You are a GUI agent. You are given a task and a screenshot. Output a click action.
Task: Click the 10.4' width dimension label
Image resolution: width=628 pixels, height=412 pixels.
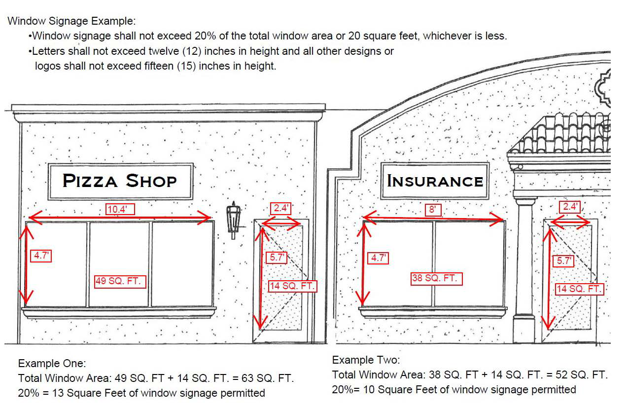(120, 209)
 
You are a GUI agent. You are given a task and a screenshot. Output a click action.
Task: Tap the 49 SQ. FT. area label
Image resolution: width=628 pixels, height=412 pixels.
(120, 282)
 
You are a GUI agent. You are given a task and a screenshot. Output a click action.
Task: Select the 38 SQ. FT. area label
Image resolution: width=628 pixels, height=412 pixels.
(437, 279)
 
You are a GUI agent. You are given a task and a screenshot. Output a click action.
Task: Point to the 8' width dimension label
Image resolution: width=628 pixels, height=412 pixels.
(433, 210)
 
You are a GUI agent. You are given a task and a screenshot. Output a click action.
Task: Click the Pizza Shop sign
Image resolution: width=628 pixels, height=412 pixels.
(121, 182)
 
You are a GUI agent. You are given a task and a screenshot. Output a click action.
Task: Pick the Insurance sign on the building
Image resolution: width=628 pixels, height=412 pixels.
(435, 181)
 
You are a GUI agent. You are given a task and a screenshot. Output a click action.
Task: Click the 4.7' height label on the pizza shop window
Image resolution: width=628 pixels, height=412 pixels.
(41, 256)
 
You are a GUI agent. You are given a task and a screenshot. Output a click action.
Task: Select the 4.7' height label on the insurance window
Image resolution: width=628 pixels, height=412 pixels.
(378, 258)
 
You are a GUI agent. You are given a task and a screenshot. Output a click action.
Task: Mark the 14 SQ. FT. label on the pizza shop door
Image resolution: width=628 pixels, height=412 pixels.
(292, 286)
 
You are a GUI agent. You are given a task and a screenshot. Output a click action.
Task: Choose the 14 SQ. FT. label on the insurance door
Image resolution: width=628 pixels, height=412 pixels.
(580, 289)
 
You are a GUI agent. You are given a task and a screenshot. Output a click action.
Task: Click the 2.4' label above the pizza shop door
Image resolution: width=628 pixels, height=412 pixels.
(281, 209)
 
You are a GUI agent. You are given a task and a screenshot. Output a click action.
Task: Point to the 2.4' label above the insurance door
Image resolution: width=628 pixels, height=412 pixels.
(570, 207)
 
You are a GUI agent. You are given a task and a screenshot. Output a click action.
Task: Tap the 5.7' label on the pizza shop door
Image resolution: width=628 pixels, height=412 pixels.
(277, 258)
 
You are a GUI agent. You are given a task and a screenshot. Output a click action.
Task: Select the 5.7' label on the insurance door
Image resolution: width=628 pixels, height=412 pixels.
(563, 261)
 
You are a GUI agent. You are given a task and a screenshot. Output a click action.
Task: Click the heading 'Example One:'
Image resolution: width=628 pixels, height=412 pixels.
(52, 364)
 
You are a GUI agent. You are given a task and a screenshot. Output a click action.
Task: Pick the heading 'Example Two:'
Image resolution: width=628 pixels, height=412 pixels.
(366, 360)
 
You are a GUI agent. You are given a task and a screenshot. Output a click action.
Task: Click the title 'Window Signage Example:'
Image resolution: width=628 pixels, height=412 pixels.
(72, 21)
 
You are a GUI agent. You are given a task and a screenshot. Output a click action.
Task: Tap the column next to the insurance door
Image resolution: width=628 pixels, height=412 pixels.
(525, 269)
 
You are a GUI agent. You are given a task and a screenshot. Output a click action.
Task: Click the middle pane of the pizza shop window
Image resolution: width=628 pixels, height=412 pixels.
(119, 264)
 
